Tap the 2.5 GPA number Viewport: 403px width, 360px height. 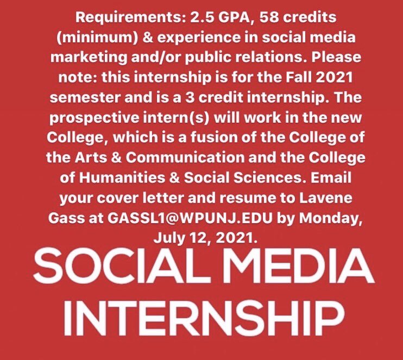(x=193, y=17)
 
